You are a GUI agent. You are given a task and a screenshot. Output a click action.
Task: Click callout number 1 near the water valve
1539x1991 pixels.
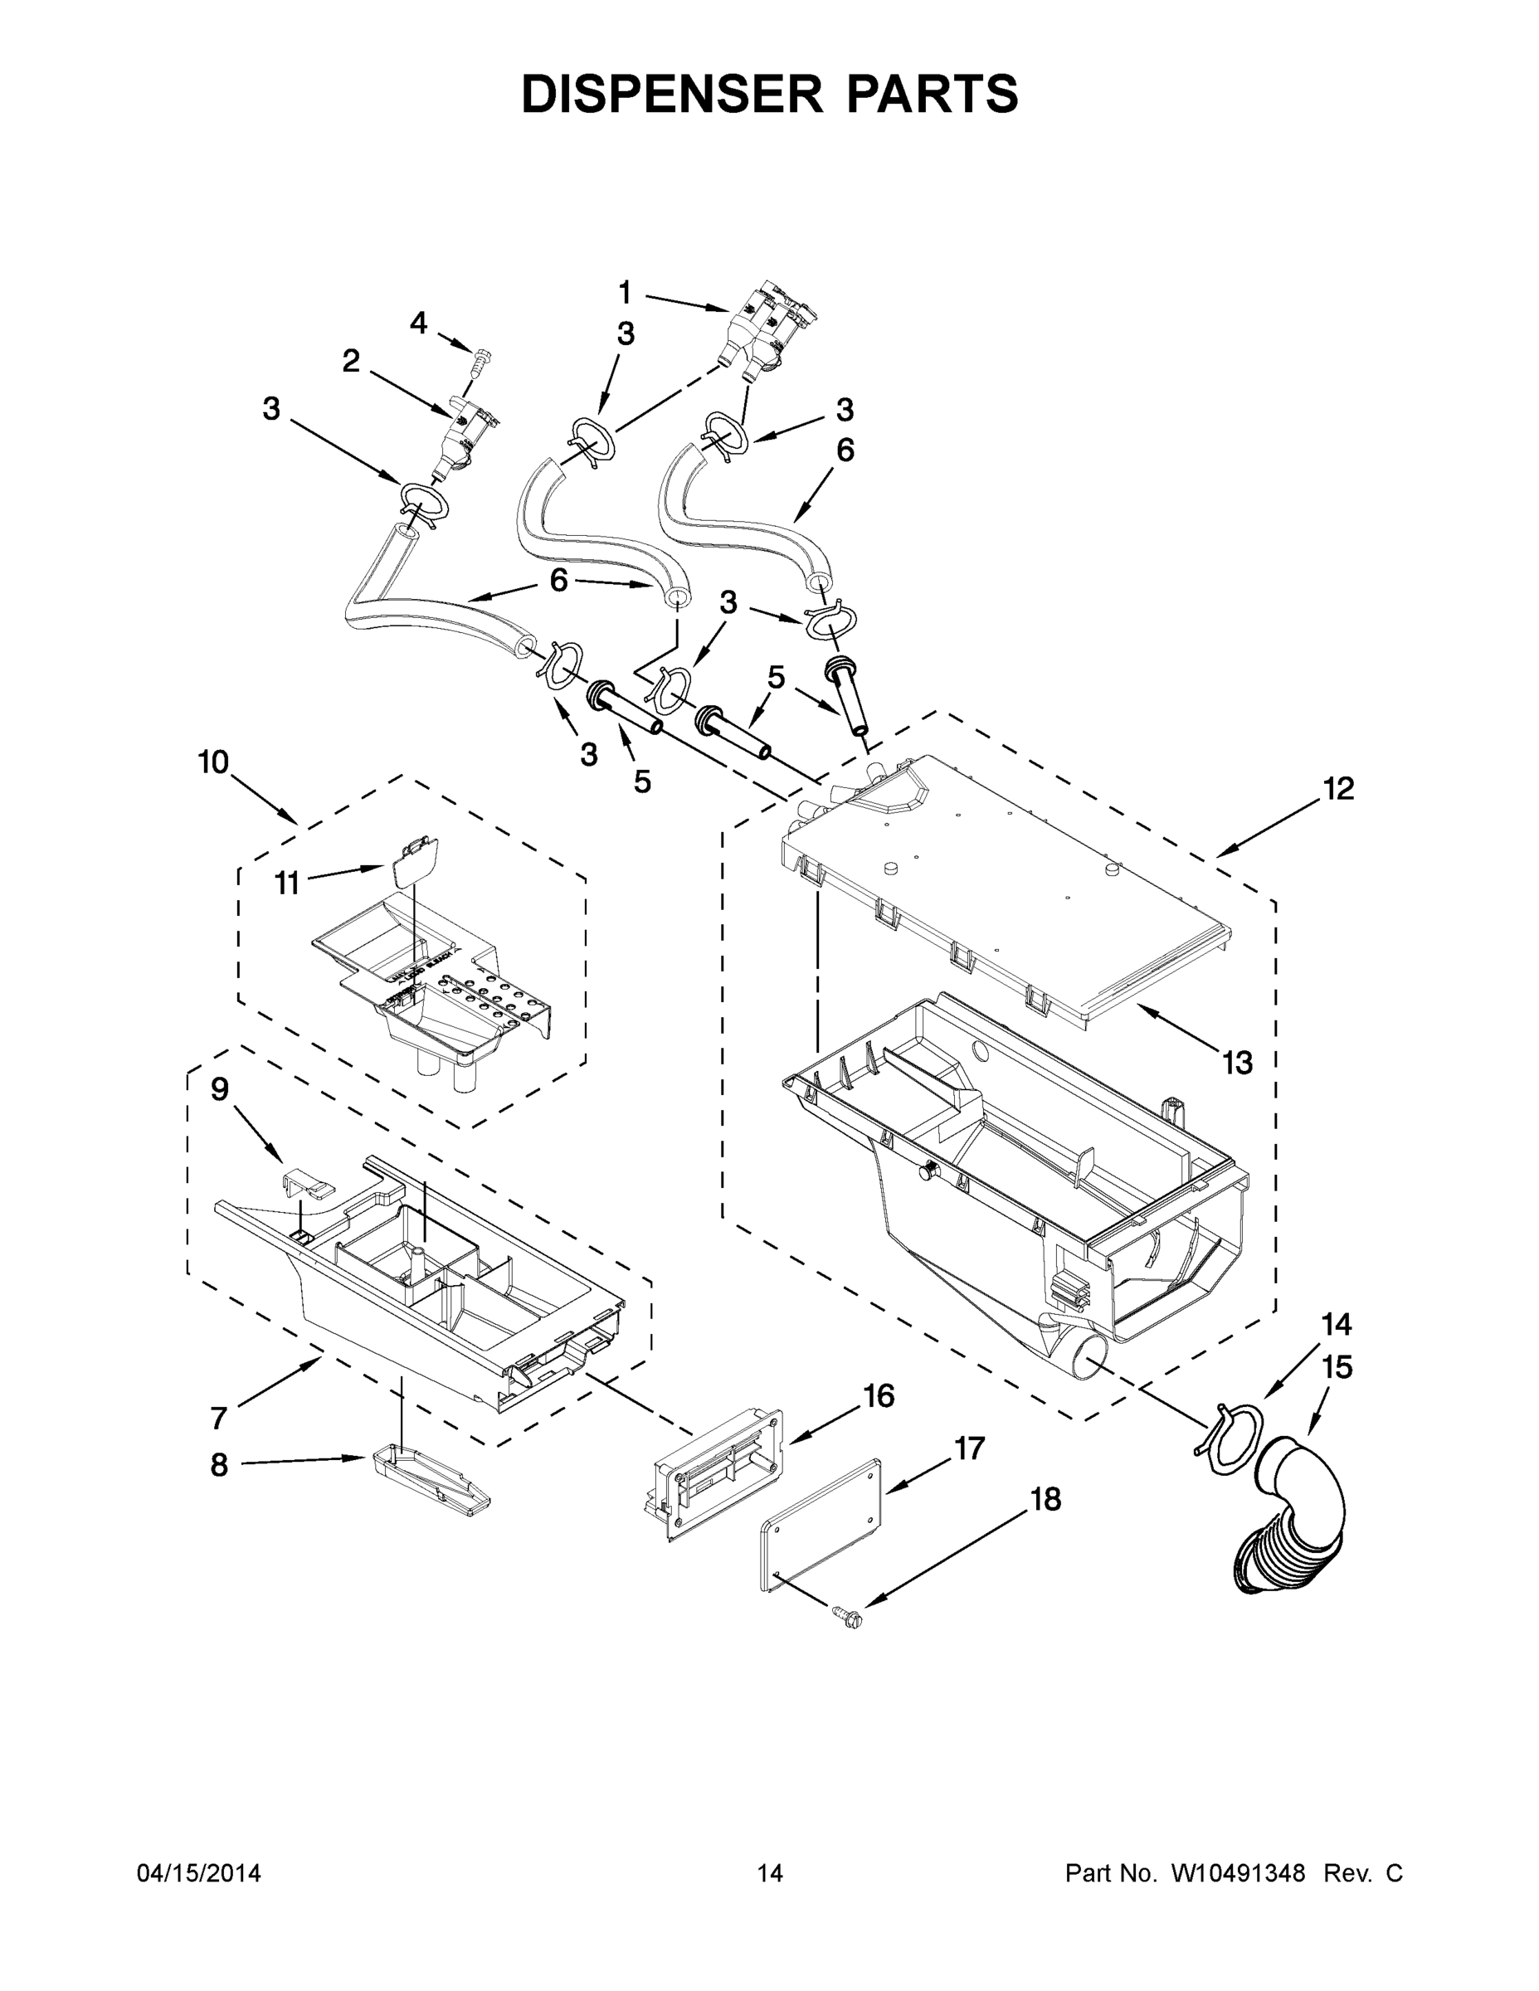coord(625,293)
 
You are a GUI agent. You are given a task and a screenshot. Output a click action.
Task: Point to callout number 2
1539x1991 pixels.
coord(351,361)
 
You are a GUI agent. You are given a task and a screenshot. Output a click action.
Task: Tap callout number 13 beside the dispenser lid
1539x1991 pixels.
coord(1237,1062)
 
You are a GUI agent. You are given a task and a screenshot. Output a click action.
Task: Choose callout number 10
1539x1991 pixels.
coord(213,762)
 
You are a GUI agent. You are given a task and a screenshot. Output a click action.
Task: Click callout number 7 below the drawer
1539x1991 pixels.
coord(218,1419)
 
